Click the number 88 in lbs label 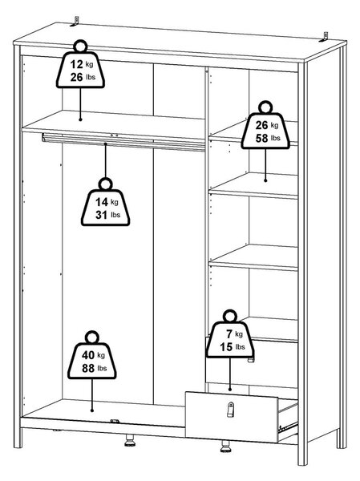point(88,368)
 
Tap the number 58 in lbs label point(262,139)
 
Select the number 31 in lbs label point(101,215)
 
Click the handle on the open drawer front point(230,410)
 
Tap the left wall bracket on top point(75,22)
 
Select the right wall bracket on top point(324,37)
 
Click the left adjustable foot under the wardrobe point(130,440)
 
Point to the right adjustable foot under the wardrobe point(225,447)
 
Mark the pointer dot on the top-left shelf point(80,119)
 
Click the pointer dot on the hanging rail point(105,143)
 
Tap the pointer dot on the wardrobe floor point(91,410)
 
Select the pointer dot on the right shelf point(265,180)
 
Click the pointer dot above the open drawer point(230,390)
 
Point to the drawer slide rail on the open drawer point(288,426)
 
